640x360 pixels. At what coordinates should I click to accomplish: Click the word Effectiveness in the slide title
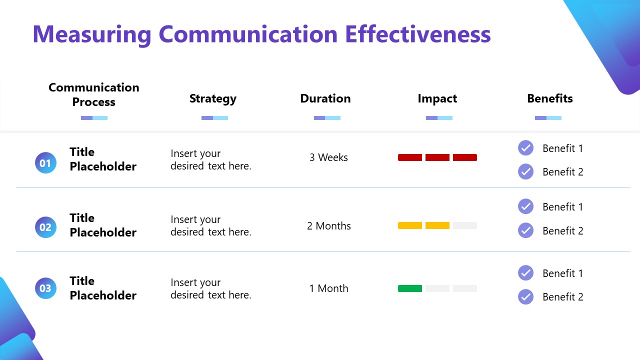[417, 34]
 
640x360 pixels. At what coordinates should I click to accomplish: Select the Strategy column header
[212, 99]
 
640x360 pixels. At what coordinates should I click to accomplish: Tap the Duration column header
[325, 99]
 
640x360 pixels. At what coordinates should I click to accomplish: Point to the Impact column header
[437, 99]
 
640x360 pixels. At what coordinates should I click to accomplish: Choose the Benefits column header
[549, 99]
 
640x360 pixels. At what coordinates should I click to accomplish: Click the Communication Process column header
[94, 94]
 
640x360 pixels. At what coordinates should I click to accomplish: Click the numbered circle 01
[45, 163]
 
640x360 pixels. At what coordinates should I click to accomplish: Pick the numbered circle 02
[45, 227]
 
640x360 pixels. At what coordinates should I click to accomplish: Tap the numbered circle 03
[45, 288]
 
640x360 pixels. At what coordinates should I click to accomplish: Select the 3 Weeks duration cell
[328, 157]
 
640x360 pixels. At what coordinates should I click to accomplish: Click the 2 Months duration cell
[328, 226]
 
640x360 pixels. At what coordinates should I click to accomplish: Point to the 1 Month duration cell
[328, 288]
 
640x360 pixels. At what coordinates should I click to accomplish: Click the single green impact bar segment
[410, 288]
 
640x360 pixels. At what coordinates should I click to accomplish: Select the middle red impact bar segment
[437, 157]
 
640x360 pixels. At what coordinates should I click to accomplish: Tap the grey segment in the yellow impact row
[464, 225]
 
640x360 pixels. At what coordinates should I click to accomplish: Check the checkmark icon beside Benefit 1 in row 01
[525, 148]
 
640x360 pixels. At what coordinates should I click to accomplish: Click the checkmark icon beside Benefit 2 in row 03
[525, 297]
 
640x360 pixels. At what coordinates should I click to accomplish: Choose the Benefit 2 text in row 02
[562, 231]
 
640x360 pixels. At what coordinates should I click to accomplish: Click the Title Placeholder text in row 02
[102, 225]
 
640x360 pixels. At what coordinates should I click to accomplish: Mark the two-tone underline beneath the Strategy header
[214, 118]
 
